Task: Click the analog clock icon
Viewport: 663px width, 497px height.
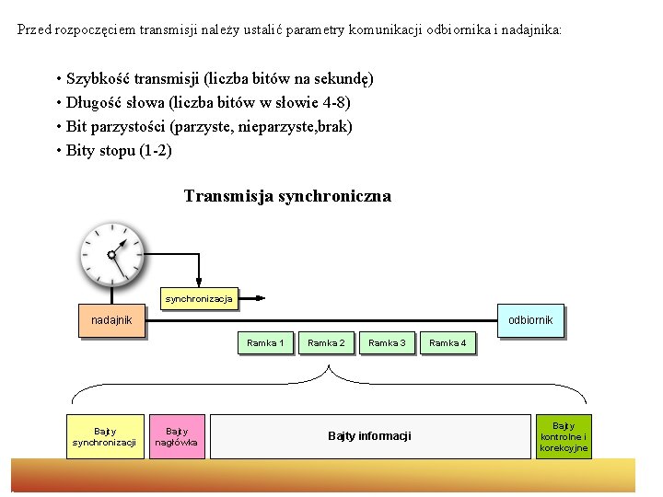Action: pos(111,253)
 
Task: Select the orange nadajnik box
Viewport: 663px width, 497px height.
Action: pos(111,320)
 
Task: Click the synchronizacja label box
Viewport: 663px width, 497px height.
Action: pos(199,298)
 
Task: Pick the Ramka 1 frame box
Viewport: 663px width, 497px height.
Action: pos(265,343)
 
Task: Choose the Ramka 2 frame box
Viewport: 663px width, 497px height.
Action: pos(326,343)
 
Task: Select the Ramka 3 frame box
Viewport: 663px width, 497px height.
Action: pos(387,343)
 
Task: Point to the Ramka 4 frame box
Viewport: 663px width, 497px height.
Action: pos(448,343)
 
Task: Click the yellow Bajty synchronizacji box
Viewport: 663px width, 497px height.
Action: pos(104,436)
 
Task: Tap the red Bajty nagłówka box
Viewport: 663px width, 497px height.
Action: pos(176,436)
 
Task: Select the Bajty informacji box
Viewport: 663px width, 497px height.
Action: pos(369,436)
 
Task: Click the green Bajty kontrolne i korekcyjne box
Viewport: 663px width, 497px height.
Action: pos(564,436)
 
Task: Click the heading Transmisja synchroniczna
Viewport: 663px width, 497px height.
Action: pos(287,196)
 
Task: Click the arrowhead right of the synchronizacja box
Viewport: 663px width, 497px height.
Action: pos(262,298)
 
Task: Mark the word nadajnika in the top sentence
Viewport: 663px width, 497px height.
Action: pos(530,29)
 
